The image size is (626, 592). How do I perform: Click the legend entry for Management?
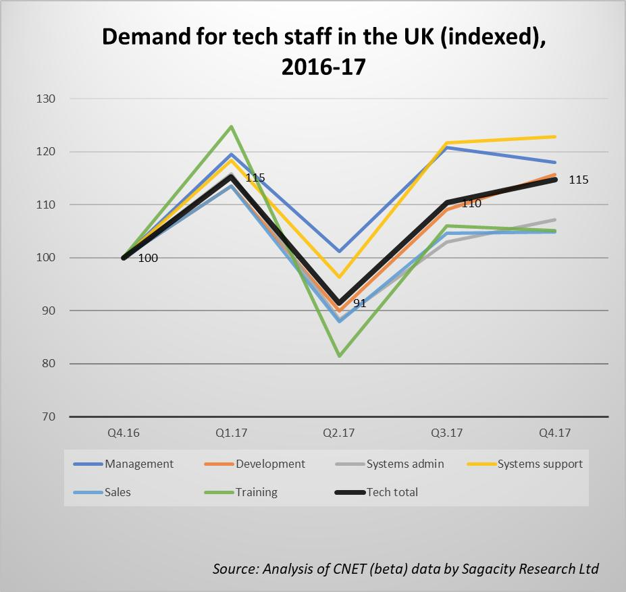[x=138, y=464]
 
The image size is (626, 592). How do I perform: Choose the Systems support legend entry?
[x=540, y=464]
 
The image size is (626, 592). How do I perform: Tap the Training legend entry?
[x=256, y=492]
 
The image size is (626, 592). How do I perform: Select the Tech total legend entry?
[x=392, y=492]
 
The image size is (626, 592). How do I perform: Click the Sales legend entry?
[x=118, y=492]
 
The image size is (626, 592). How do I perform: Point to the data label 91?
[x=359, y=304]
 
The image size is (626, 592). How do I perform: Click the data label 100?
[x=148, y=258]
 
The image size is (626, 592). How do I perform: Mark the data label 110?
[x=471, y=203]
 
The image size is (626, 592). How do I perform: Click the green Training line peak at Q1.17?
[x=232, y=126]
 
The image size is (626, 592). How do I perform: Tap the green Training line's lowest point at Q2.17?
[x=339, y=356]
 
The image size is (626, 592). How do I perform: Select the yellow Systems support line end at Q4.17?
[x=554, y=137]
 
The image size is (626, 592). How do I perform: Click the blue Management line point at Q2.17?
[x=339, y=251]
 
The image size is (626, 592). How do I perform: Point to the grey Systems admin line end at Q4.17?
[x=554, y=219]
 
